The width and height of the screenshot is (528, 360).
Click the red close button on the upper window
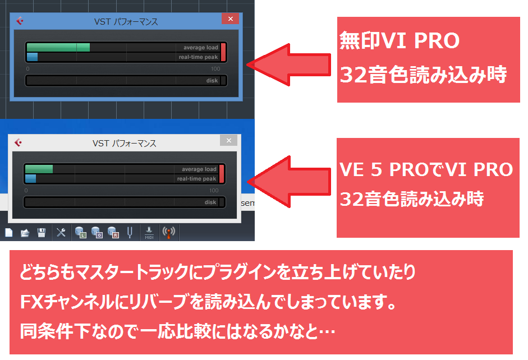click(x=230, y=19)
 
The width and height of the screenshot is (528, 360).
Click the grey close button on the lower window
click(x=228, y=141)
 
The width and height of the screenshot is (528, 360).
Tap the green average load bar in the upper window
click(x=58, y=48)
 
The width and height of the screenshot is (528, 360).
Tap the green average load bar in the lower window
click(x=39, y=169)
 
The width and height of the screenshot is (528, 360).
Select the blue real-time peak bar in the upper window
click(x=33, y=57)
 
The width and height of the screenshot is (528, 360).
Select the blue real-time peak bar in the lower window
click(x=30, y=178)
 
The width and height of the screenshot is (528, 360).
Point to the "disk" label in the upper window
click(x=212, y=81)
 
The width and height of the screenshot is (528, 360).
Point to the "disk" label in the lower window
click(x=210, y=202)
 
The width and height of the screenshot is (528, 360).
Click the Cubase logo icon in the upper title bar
click(x=20, y=21)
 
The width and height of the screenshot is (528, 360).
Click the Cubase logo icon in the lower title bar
click(x=18, y=143)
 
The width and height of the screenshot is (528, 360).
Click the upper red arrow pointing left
click(x=290, y=63)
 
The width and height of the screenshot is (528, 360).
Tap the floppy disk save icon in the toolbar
click(x=41, y=232)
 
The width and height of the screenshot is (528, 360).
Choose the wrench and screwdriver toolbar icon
click(x=61, y=232)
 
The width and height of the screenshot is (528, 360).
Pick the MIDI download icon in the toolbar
click(x=149, y=232)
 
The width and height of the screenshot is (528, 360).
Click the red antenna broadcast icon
click(x=168, y=232)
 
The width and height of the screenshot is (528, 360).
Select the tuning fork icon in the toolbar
click(x=130, y=232)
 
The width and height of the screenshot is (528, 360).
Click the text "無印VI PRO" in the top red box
click(x=399, y=41)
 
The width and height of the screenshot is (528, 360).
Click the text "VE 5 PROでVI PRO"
click(x=426, y=169)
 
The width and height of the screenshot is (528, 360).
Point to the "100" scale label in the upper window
click(x=215, y=68)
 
